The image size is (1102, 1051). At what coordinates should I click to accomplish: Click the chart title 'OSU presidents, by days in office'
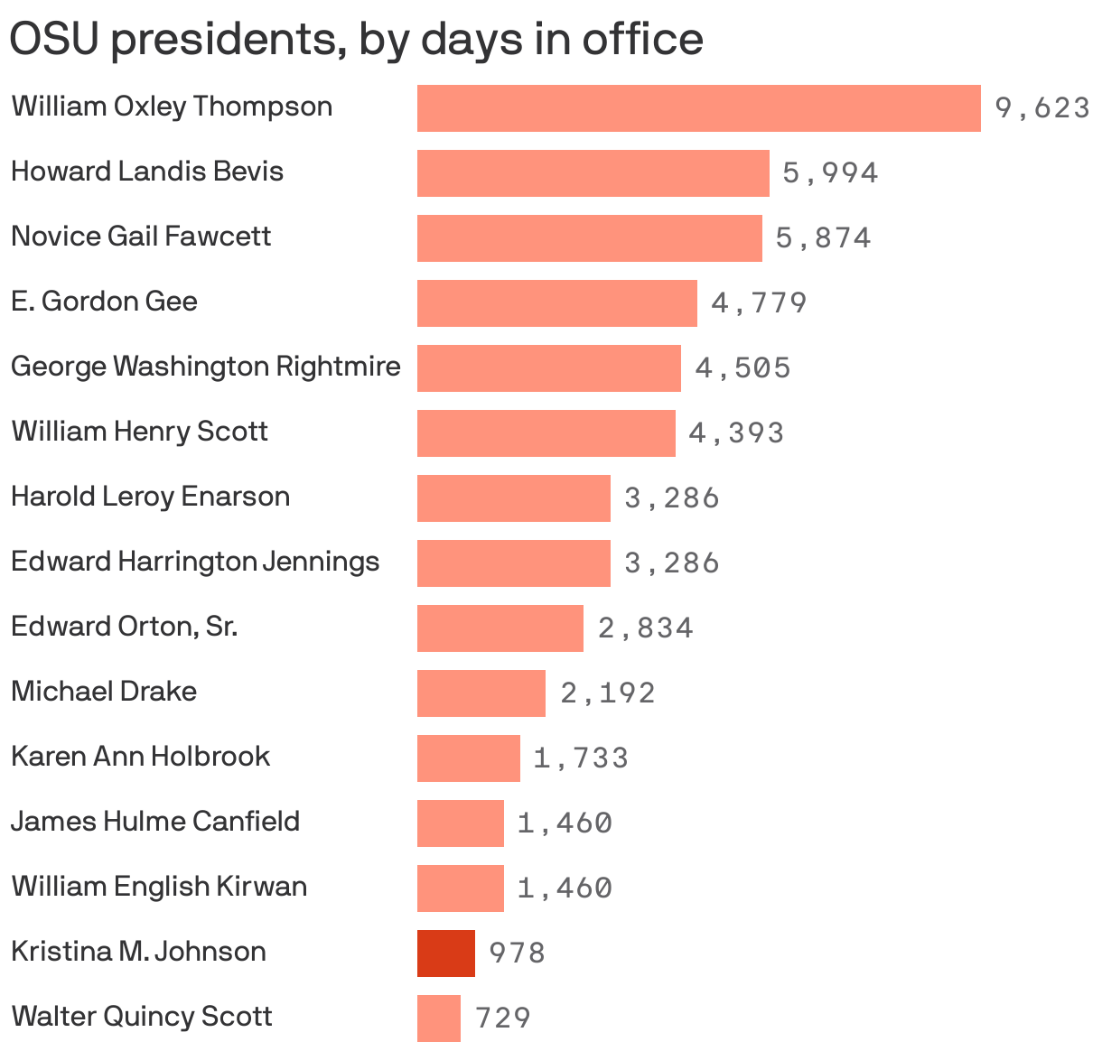click(x=356, y=39)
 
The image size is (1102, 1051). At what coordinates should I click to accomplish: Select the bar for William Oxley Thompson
click(x=698, y=108)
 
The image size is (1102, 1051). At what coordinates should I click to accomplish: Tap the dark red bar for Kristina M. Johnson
click(x=445, y=953)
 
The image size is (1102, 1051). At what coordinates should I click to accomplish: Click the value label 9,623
click(x=1041, y=108)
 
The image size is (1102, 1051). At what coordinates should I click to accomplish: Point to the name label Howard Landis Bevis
click(x=147, y=172)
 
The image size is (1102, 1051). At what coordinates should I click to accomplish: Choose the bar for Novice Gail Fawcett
click(x=589, y=238)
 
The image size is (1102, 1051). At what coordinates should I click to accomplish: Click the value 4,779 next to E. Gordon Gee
click(x=759, y=302)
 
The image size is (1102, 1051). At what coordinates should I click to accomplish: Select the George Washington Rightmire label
click(x=205, y=367)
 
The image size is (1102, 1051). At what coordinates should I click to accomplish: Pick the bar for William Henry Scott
click(x=546, y=433)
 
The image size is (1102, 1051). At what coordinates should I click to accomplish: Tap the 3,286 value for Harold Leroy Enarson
click(x=672, y=498)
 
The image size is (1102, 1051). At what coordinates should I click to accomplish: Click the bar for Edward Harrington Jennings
click(x=513, y=563)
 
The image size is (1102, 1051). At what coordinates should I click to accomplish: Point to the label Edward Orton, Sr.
click(x=124, y=627)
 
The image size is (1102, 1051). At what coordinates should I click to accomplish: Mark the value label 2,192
click(x=607, y=693)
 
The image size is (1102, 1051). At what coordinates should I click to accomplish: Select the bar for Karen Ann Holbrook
click(x=468, y=758)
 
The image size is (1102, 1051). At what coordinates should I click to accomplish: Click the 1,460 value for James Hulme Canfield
click(x=565, y=823)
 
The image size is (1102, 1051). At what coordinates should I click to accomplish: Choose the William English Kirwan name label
click(x=159, y=887)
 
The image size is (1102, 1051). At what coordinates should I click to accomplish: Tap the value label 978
click(x=517, y=953)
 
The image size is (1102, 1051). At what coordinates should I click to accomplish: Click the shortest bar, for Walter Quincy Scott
click(x=438, y=1018)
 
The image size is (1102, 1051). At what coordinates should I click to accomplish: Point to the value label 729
click(x=502, y=1018)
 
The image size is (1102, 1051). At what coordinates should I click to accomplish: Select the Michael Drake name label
click(x=104, y=692)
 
